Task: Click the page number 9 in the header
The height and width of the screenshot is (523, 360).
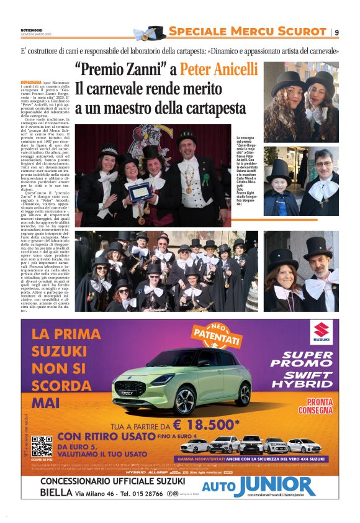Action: coord(336,32)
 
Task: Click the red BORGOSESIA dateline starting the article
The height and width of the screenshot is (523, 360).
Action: coord(31,82)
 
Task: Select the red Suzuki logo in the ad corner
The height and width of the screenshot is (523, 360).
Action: coord(321,333)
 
